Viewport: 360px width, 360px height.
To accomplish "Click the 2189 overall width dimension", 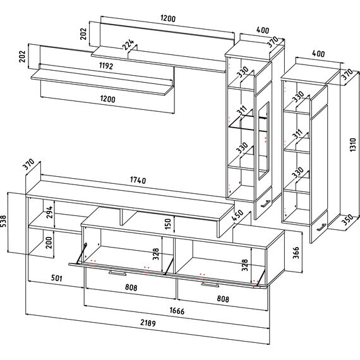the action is [148, 323].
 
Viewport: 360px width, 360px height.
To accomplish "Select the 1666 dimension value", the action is [177, 311].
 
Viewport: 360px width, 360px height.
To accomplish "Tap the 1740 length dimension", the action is [138, 180].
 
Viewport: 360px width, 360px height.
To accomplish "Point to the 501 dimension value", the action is [56, 279].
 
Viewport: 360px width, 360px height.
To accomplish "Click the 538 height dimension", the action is [3, 221].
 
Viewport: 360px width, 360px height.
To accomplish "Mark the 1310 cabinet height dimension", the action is [353, 145].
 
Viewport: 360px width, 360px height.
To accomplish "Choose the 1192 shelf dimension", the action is [106, 66].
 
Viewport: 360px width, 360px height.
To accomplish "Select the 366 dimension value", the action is [296, 253].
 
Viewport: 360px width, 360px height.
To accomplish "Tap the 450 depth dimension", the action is [237, 215].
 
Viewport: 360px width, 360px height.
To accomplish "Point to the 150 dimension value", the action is [168, 224].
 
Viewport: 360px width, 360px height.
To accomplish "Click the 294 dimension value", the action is [49, 212].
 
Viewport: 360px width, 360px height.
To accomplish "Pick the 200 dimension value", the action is [49, 243].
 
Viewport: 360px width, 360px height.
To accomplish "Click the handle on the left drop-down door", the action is [117, 273].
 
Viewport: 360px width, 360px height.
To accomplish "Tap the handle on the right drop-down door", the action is [210, 285].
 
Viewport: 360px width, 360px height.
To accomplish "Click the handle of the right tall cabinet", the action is [321, 227].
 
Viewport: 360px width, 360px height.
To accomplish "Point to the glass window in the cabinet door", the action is [263, 140].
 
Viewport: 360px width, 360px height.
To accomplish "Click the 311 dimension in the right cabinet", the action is [297, 135].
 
